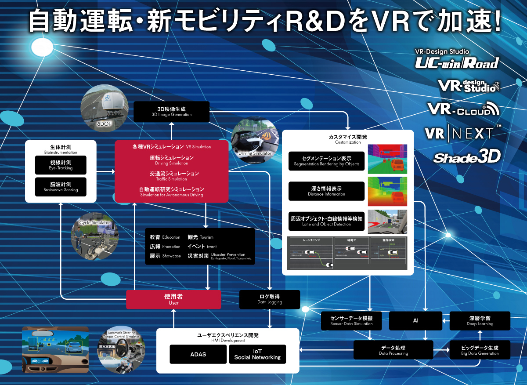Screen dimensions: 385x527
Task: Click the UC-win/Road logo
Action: [x=457, y=62]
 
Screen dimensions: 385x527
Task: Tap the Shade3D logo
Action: [x=467, y=157]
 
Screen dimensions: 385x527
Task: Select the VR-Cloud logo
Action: [x=463, y=109]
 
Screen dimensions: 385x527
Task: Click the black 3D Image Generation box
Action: [x=171, y=112]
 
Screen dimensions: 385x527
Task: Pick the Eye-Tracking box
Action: [x=61, y=165]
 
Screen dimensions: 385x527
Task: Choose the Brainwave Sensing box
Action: [x=61, y=187]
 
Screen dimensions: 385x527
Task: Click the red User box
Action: [x=173, y=299]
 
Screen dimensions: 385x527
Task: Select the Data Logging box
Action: [x=270, y=299]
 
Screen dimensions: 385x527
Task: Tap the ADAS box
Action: [x=198, y=354]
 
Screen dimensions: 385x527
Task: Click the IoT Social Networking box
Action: [x=257, y=354]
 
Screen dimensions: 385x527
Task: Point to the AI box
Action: [x=415, y=321]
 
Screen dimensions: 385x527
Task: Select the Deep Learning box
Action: [x=480, y=321]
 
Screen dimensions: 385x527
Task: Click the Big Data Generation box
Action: [x=480, y=350]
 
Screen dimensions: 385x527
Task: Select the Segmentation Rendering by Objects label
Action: [x=327, y=161]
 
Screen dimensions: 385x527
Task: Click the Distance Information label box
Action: [x=327, y=191]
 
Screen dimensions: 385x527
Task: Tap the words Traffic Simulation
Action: [x=171, y=176]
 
